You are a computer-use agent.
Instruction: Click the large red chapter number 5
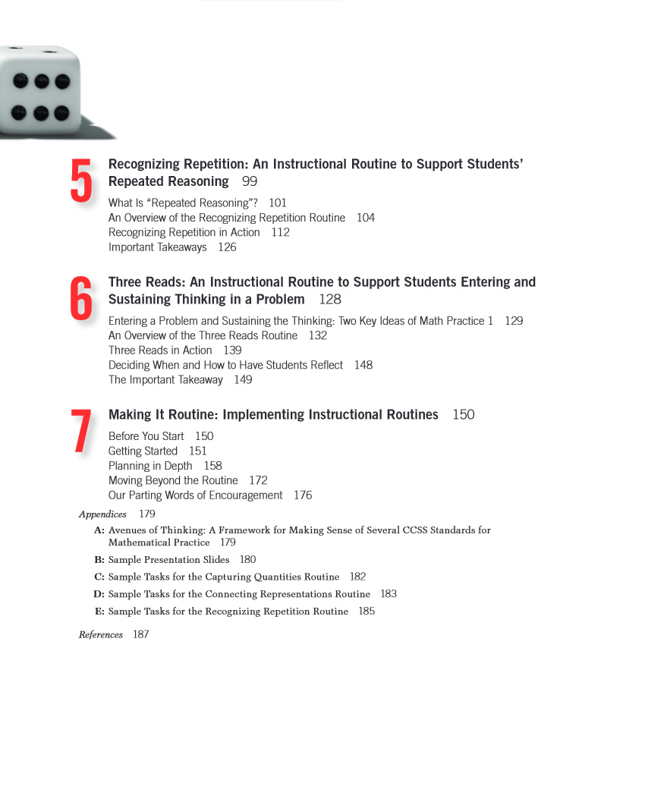pos(81,181)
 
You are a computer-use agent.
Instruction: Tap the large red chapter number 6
pos(81,299)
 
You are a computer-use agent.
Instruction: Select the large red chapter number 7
pos(81,432)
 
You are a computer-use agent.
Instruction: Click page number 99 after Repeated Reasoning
pos(250,181)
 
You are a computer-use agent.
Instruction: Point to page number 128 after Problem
pos(330,300)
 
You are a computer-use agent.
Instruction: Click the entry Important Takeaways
pos(157,247)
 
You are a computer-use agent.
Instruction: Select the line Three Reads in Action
pos(160,351)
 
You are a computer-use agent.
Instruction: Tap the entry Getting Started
pos(143,451)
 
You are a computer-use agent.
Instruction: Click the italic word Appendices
pos(102,514)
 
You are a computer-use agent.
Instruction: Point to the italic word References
pos(100,635)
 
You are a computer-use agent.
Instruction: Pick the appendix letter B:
pos(99,560)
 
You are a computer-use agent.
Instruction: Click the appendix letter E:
pos(99,612)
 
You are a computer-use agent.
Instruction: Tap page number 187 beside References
pos(141,635)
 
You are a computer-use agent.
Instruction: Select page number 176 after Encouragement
pos(303,495)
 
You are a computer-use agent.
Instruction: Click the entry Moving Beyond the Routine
pos(173,481)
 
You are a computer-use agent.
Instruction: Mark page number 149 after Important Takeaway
pos(243,380)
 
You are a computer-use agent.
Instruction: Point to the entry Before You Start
pos(146,436)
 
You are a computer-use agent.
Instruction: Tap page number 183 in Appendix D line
pos(388,594)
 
